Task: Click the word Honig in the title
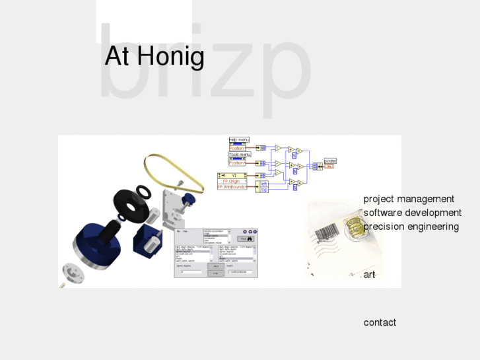click(x=172, y=57)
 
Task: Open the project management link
click(x=409, y=199)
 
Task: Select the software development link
click(x=412, y=213)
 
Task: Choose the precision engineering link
click(x=411, y=227)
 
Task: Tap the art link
click(x=369, y=275)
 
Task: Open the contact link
click(x=380, y=322)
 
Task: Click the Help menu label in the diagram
click(x=239, y=140)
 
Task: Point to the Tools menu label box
click(x=240, y=155)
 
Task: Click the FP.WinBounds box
click(x=232, y=187)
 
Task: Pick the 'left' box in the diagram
click(x=263, y=184)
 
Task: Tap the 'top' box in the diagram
click(x=263, y=190)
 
